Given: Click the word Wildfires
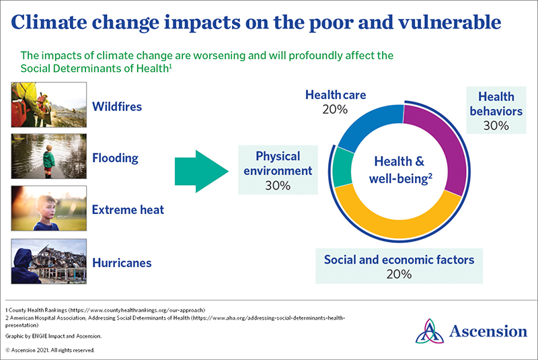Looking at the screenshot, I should pyautogui.click(x=117, y=106).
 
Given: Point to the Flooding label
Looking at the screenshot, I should pyautogui.click(x=115, y=159).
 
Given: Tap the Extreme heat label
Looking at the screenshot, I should pyautogui.click(x=128, y=210).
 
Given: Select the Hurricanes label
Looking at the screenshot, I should pyautogui.click(x=121, y=262).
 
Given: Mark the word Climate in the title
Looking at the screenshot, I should pyautogui.click(x=52, y=22).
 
